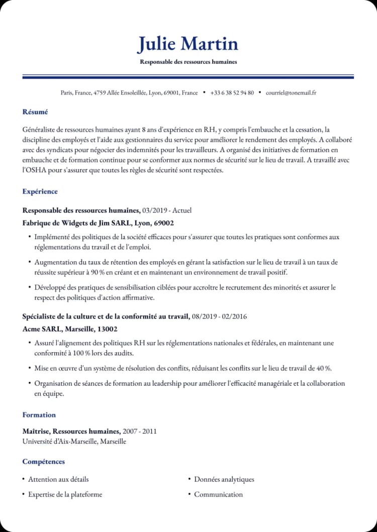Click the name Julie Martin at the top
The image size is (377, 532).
pos(188,44)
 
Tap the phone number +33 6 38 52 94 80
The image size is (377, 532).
pos(232,92)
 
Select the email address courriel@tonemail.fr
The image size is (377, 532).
pos(291,92)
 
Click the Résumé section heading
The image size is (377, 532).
pos(35,112)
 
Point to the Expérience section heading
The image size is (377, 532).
pos(40,191)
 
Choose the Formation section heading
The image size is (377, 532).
pos(39,415)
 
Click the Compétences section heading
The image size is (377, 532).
pos(44,462)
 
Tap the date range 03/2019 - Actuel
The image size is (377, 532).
pos(167,210)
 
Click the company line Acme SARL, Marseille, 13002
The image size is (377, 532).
pos(70,329)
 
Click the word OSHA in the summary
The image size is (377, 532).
pos(40,170)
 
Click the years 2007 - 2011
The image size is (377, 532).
pos(139,431)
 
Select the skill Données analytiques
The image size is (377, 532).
pos(224,479)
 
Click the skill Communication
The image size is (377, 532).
pos(218,494)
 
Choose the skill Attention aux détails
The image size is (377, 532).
pos(58,479)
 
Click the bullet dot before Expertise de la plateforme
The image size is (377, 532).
pos(24,494)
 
